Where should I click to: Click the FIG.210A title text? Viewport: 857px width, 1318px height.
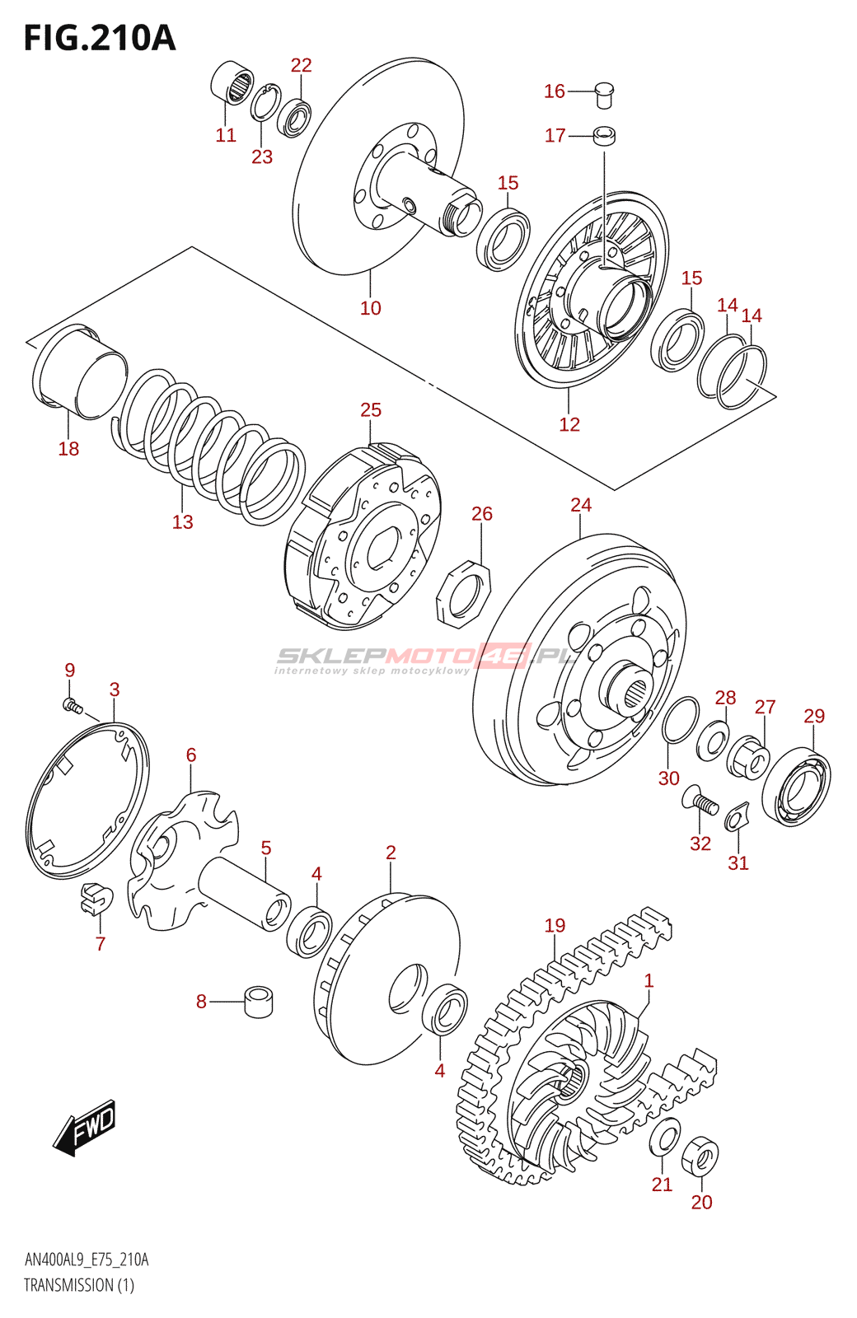(x=100, y=38)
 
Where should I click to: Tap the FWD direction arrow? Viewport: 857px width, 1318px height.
(x=86, y=1126)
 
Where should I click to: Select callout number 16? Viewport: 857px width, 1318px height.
(x=554, y=91)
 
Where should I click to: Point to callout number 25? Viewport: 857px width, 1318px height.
(x=371, y=409)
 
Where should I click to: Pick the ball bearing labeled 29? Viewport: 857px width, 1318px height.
(x=796, y=788)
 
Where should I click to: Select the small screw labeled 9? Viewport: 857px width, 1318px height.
(x=73, y=705)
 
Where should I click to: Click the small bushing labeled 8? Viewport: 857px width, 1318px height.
(x=259, y=1002)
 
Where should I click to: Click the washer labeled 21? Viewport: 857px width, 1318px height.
(x=665, y=1137)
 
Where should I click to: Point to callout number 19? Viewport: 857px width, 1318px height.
(x=555, y=925)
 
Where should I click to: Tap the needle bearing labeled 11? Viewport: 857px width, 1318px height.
(x=233, y=82)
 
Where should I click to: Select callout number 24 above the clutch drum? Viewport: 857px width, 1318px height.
(x=581, y=504)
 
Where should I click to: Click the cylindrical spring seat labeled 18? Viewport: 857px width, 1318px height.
(x=79, y=371)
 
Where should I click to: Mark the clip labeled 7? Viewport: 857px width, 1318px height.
(x=95, y=898)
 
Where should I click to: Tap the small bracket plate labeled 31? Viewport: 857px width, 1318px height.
(x=736, y=818)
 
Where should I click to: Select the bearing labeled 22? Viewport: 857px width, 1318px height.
(x=294, y=117)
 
